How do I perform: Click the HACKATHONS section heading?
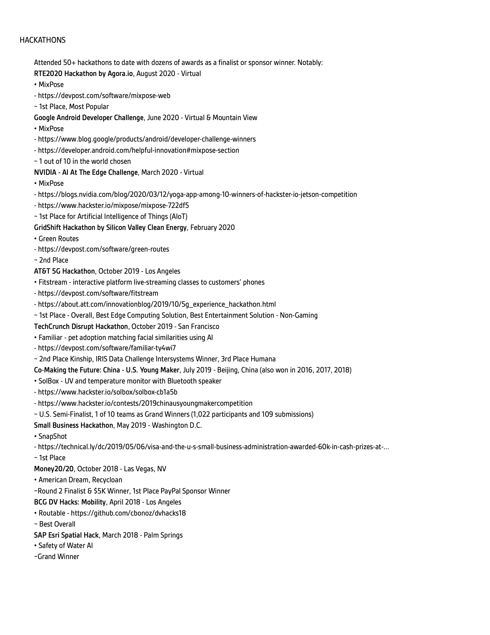coord(42,40)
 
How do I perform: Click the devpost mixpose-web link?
coord(104,96)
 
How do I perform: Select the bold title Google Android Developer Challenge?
coord(89,118)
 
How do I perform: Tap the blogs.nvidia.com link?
coord(197,194)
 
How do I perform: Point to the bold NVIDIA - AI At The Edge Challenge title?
coord(86,172)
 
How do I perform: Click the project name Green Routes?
coord(58,239)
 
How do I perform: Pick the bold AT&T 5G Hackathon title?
coord(64,271)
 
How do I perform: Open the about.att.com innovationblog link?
coord(157,304)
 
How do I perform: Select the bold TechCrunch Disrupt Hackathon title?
coord(81,327)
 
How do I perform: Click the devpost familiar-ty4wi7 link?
coord(107,348)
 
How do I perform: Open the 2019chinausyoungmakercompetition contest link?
coord(145,403)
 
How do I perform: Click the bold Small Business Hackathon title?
coord(73,425)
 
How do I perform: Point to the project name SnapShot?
coord(53,436)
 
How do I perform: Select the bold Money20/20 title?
coord(54,469)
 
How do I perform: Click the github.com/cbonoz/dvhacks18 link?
coord(128,513)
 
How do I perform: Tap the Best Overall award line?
coord(57,524)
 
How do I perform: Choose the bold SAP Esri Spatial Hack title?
coord(66,535)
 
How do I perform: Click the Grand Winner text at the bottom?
coord(58,557)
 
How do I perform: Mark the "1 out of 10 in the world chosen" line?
coord(84,161)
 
